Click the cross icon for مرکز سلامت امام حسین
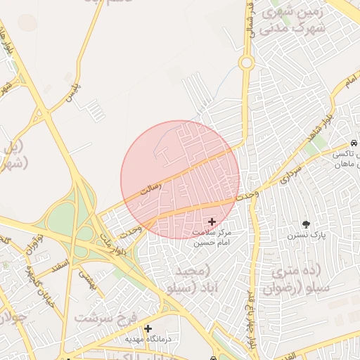point(212,221)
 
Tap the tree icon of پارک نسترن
point(306,224)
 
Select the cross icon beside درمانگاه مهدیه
point(148,328)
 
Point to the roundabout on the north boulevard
point(246,63)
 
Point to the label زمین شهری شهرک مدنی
point(294,22)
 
